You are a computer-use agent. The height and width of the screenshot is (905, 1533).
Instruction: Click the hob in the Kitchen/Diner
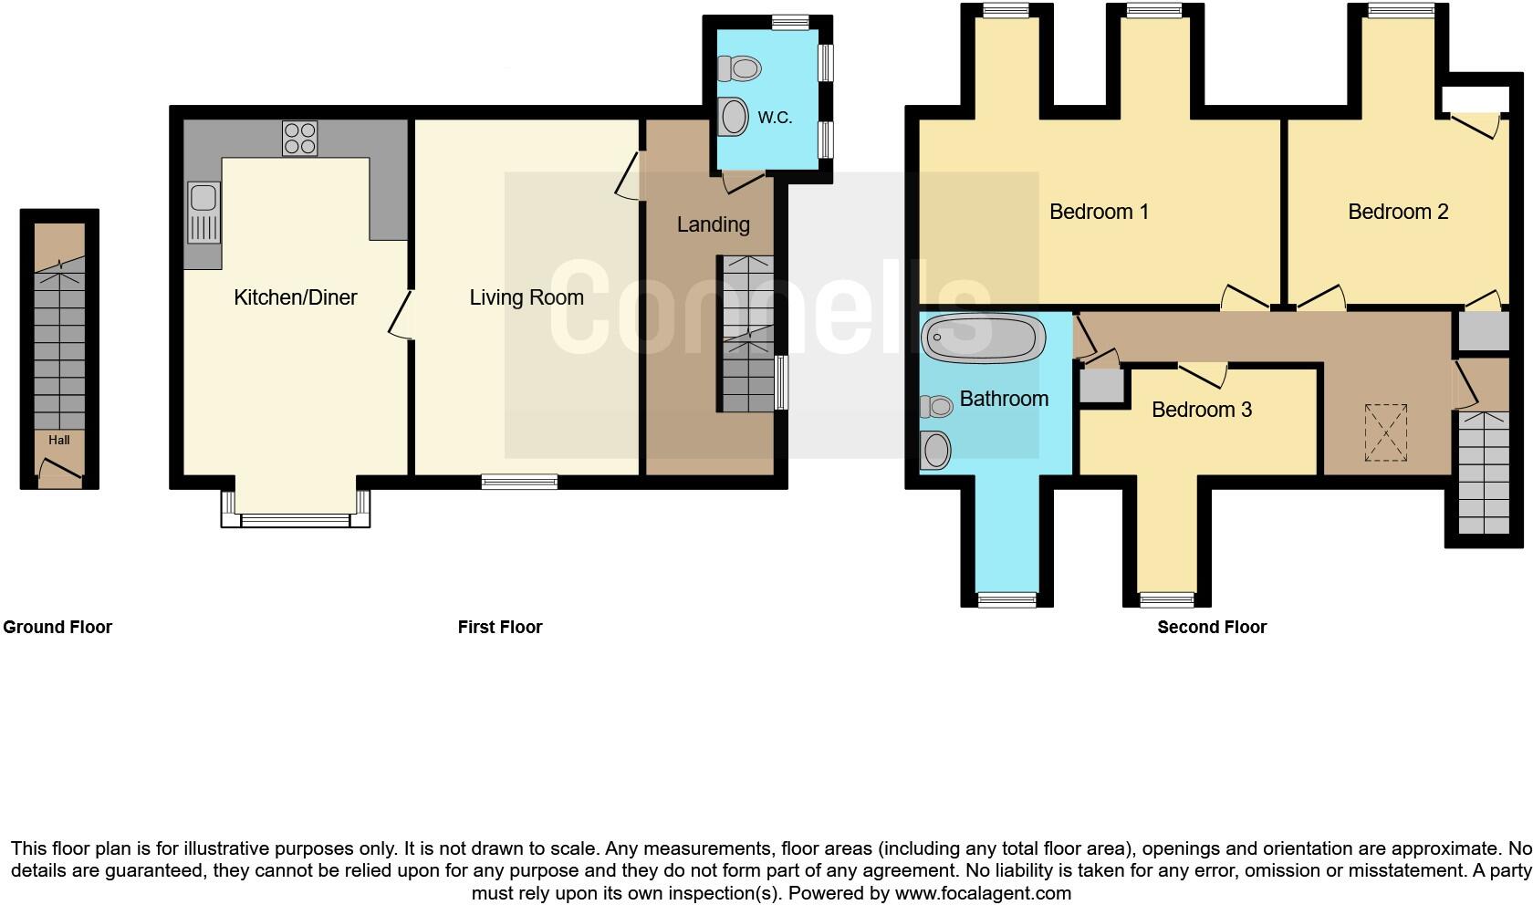299,138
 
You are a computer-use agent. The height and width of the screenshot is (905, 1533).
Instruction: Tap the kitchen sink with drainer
203,213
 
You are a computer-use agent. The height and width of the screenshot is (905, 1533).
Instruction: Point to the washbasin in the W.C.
732,116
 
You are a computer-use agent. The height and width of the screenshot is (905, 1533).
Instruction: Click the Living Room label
527,297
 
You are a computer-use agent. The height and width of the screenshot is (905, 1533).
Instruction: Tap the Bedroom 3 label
1201,410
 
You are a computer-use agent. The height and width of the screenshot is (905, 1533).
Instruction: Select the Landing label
713,224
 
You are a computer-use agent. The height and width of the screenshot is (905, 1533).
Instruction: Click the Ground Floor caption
57,627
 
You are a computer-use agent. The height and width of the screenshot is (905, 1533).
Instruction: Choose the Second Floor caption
1212,627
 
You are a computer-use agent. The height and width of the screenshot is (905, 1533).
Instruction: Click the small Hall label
59,440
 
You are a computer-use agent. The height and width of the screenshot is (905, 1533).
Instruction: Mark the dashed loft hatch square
1386,433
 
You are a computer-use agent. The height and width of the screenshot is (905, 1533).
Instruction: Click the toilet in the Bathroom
937,406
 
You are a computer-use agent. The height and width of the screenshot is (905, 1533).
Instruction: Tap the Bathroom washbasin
936,449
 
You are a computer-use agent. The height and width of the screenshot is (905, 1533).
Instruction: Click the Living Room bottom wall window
519,482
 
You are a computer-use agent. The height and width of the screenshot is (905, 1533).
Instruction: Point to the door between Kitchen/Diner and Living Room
402,316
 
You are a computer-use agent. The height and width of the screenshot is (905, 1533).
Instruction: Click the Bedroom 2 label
1398,212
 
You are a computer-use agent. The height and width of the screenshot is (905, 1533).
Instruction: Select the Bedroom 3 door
1203,373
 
